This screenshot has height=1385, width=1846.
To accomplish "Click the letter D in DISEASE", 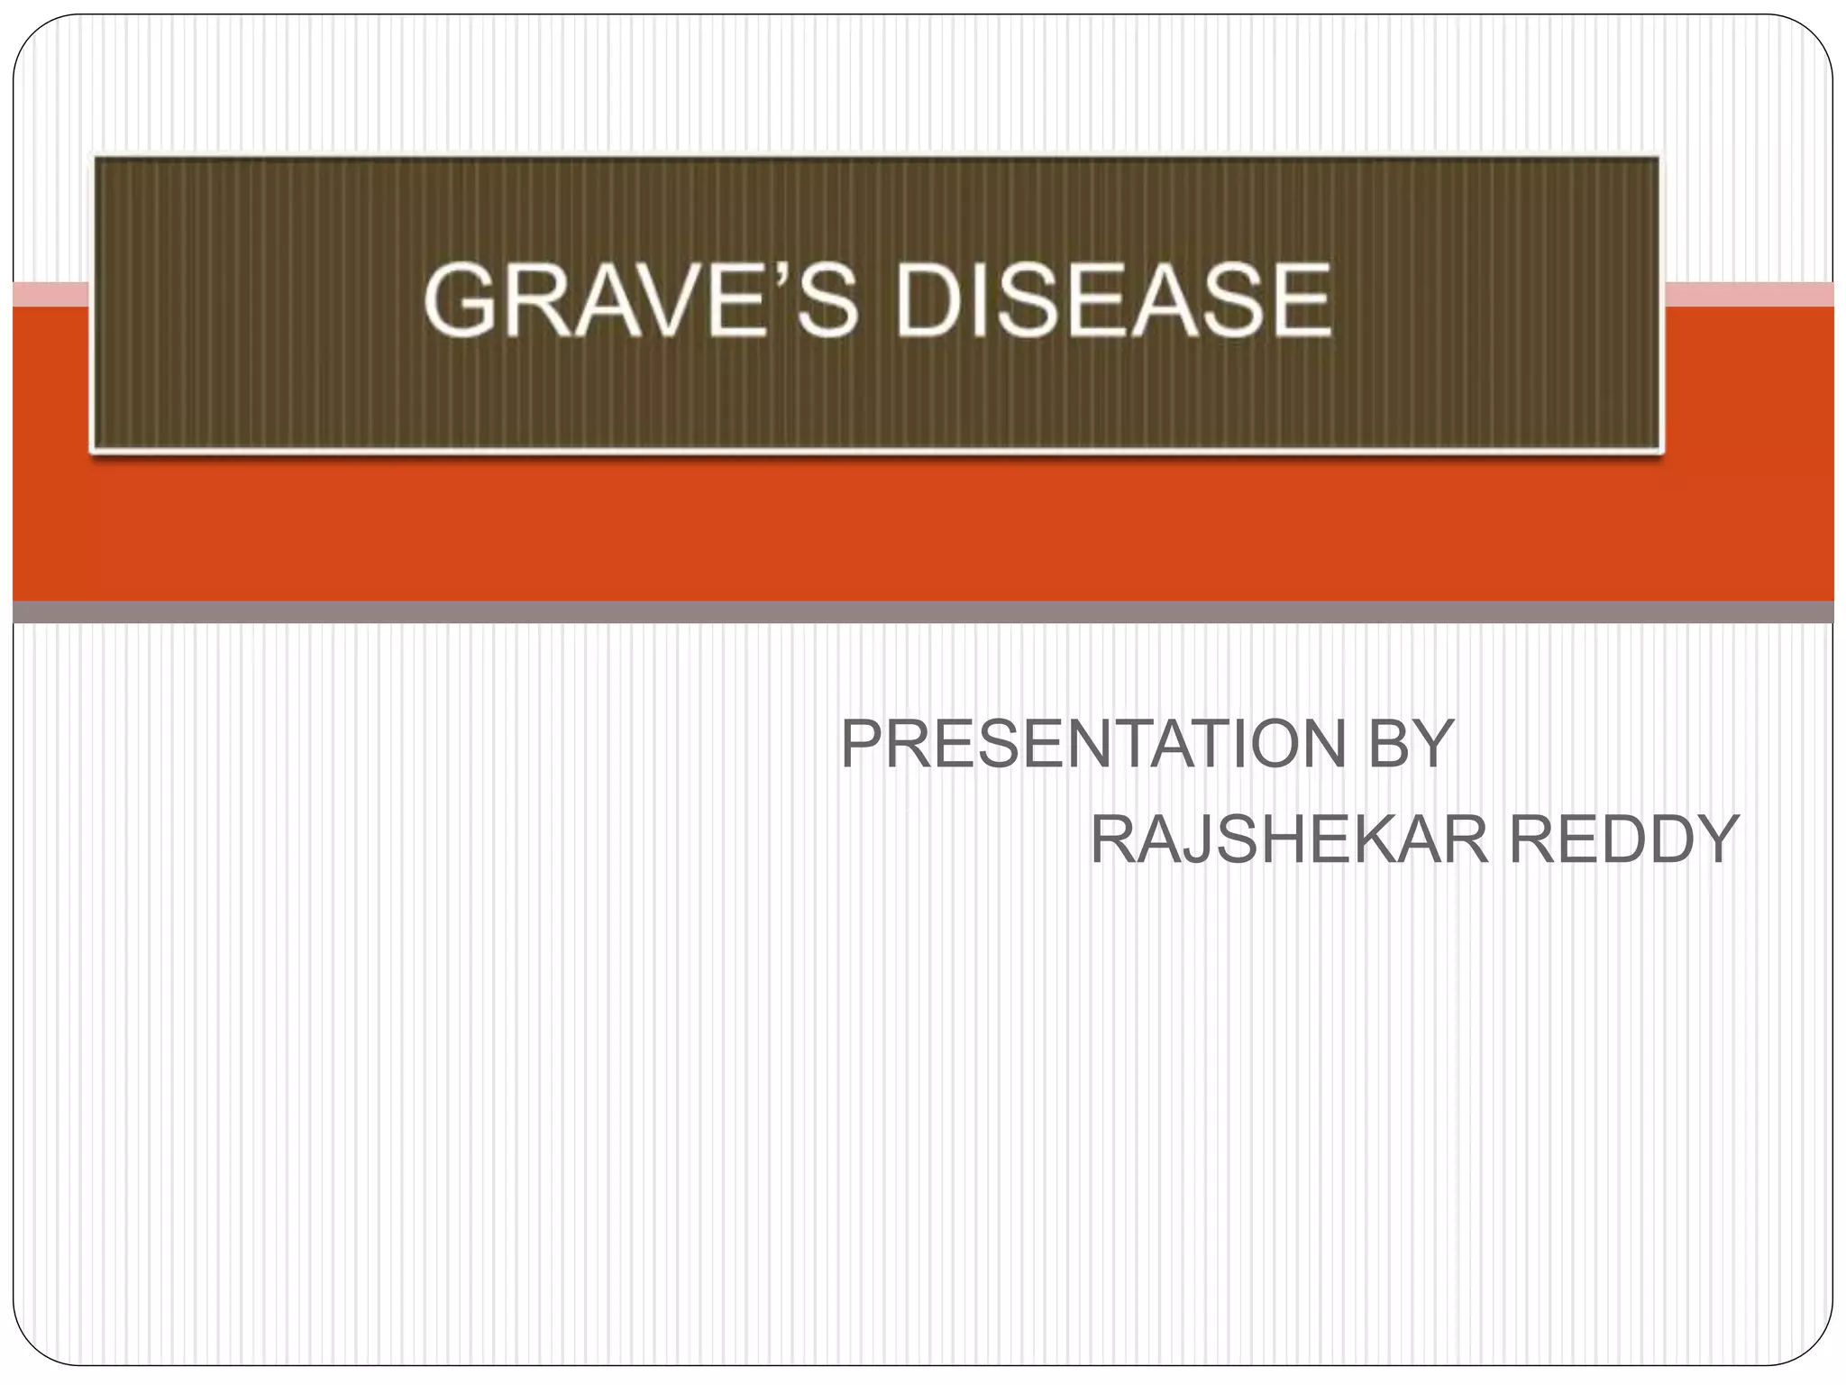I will (x=926, y=300).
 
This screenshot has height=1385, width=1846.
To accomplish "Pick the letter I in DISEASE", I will (x=981, y=300).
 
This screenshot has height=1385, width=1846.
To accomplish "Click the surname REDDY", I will (x=1623, y=840).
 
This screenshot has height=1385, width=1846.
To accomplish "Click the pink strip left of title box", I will (x=50, y=294).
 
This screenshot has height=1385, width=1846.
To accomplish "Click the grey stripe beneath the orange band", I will (x=923, y=612).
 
